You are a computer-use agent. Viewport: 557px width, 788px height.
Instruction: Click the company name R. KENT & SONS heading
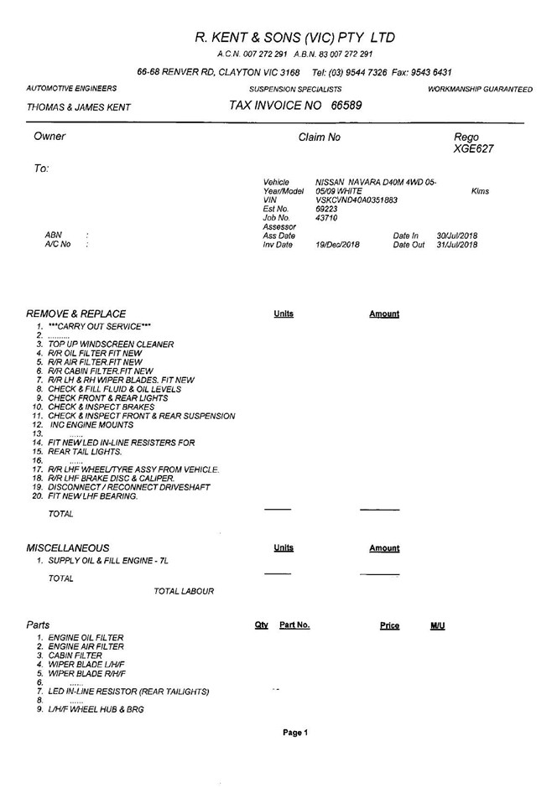(x=294, y=38)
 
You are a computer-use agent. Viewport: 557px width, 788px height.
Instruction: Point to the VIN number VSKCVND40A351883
(x=356, y=200)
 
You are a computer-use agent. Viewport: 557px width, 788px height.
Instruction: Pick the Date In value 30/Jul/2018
(x=457, y=236)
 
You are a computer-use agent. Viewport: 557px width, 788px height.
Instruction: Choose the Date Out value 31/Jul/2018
(x=457, y=245)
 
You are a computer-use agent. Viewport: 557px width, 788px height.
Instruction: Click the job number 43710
(x=326, y=218)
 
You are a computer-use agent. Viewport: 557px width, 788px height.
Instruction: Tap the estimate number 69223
(x=326, y=209)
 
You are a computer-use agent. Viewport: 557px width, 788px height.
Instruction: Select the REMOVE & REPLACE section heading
(x=76, y=314)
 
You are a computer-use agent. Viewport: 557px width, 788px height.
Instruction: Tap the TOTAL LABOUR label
(x=184, y=591)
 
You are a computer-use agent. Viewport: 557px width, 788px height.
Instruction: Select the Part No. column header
(x=294, y=625)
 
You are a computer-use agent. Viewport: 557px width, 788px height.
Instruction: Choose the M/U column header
(x=437, y=625)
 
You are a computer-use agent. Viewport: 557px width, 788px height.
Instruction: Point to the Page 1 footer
(x=294, y=732)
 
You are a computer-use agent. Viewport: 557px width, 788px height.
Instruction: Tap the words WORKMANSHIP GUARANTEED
(x=479, y=88)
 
